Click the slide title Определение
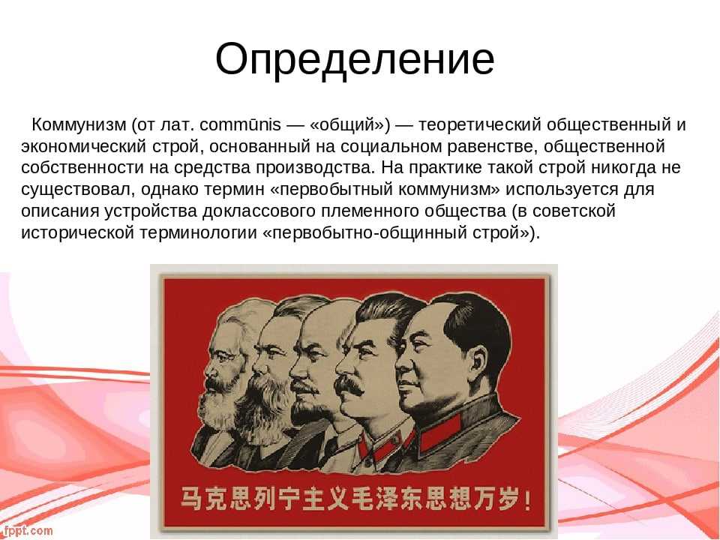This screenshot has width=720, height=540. [355, 59]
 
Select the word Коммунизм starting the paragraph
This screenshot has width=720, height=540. [77, 124]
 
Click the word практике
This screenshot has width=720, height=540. [447, 166]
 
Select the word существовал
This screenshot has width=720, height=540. [79, 188]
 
